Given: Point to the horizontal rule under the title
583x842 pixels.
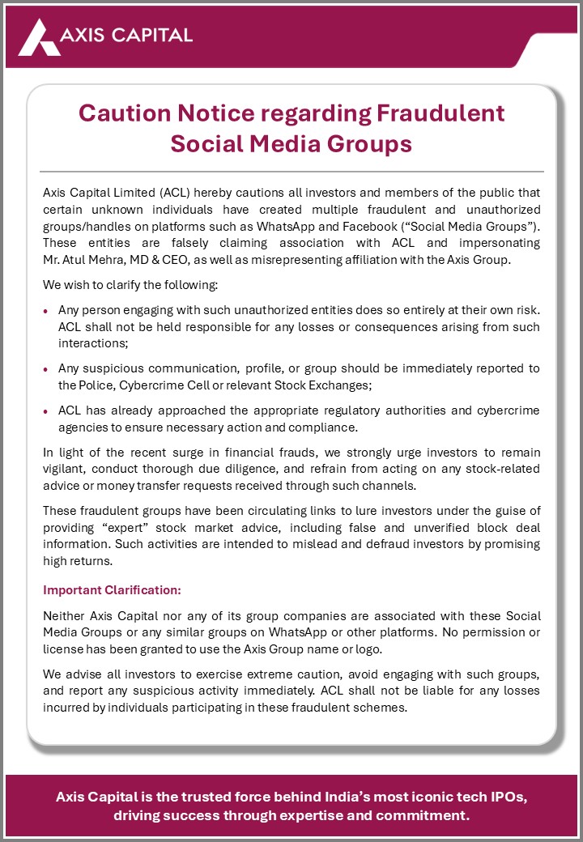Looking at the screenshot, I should tap(291, 172).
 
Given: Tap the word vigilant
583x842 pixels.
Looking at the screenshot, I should tap(66, 468).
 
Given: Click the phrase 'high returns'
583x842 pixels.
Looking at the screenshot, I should tap(77, 559).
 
